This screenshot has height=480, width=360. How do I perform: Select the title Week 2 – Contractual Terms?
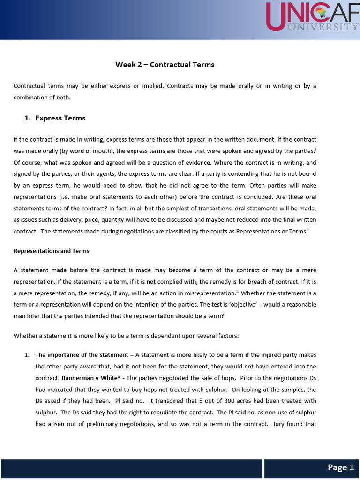click(x=165, y=65)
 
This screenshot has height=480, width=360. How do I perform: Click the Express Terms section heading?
click(x=60, y=118)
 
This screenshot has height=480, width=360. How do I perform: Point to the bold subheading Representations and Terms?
click(x=52, y=251)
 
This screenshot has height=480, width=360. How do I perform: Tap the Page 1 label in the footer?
click(x=341, y=467)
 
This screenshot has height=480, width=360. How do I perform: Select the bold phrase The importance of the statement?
click(x=82, y=355)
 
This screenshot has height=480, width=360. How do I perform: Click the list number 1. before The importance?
click(x=27, y=355)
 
